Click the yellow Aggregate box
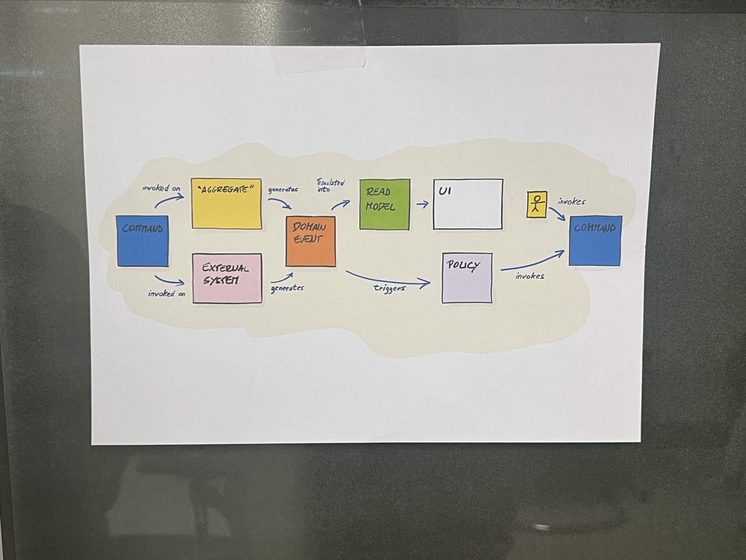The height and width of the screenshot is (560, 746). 227,204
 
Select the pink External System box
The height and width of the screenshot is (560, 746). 227,278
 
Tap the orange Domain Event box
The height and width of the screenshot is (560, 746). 311,241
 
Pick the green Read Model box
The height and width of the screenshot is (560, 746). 384,204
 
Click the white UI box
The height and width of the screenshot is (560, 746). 467,204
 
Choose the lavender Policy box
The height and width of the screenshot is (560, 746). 467,278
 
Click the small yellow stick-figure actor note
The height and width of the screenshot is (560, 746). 536,206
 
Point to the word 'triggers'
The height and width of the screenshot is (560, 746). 389,288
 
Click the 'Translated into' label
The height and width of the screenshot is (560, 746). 330,185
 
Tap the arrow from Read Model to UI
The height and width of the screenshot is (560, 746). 423,205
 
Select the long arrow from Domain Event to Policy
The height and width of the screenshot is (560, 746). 388,279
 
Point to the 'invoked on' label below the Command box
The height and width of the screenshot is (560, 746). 167,293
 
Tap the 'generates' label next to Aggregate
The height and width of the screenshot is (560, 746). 283,190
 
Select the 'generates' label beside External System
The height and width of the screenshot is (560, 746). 287,288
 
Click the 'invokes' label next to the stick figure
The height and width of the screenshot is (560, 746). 571,202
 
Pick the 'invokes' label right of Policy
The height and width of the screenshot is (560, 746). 530,276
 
